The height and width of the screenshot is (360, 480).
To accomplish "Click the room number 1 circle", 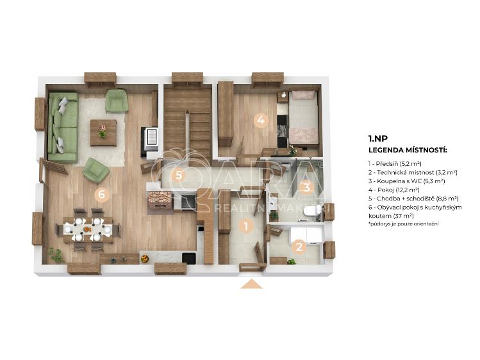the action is [x=245, y=227].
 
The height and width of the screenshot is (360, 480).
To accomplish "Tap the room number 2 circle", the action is [x=299, y=247].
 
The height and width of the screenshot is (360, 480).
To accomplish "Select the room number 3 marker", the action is [x=306, y=187].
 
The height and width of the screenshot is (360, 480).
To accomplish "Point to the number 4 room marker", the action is [x=261, y=120].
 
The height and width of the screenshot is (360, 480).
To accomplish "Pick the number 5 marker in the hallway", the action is [x=179, y=176].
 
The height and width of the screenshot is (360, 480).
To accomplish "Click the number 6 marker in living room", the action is [x=102, y=194].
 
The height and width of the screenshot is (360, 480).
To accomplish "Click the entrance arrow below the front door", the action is [x=252, y=284].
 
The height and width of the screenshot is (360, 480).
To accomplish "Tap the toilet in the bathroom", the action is [x=311, y=211].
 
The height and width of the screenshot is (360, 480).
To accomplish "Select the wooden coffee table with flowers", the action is [x=103, y=133].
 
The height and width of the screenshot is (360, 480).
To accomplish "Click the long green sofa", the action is [x=63, y=127].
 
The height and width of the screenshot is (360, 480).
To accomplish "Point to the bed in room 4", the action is [x=303, y=117].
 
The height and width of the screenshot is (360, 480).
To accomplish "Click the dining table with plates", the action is [x=88, y=229].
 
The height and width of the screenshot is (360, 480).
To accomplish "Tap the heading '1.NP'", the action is [x=378, y=138].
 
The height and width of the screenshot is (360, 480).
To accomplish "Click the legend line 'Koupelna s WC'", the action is [x=406, y=181].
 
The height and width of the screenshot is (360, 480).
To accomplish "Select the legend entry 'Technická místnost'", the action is [x=413, y=172].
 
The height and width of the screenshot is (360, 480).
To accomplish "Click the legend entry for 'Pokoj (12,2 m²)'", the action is [x=394, y=190].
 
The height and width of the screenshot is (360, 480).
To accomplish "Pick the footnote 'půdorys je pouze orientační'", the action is [x=404, y=224].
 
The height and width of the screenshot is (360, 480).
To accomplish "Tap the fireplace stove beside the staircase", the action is [x=151, y=139].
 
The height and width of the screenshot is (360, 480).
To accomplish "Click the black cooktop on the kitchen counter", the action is [x=188, y=202].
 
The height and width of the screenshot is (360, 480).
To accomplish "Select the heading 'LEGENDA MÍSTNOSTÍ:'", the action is [x=408, y=150].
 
